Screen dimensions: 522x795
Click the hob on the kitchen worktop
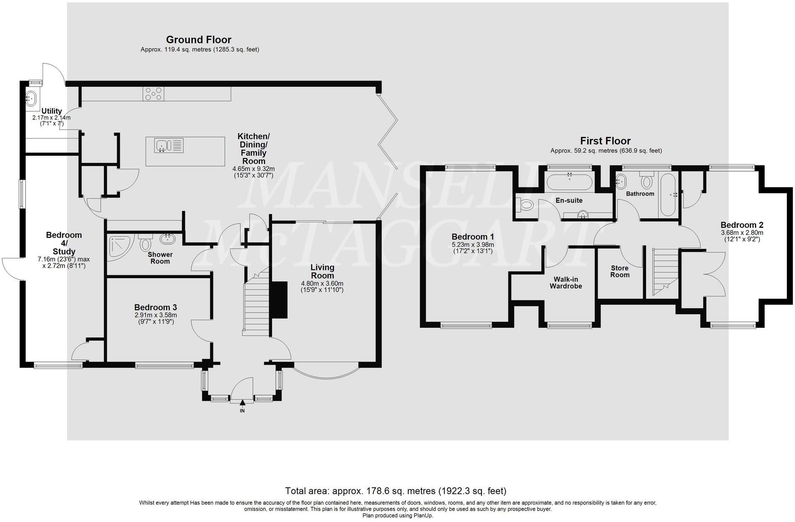(x=153, y=94)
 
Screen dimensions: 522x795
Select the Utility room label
(x=51, y=111)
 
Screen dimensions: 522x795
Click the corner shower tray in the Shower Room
(x=119, y=248)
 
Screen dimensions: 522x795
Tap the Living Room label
(x=322, y=272)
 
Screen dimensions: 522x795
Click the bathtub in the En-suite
(x=569, y=182)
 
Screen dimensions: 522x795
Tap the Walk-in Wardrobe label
(x=565, y=283)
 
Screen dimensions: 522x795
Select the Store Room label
(x=620, y=272)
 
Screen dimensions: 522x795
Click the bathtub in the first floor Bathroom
(x=668, y=194)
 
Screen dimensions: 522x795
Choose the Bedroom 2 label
(x=742, y=225)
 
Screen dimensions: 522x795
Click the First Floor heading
(x=605, y=141)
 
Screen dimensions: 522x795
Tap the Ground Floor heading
(x=199, y=40)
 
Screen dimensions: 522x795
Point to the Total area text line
(x=395, y=491)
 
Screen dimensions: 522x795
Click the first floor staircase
(x=665, y=271)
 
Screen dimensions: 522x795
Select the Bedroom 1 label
(x=472, y=237)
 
